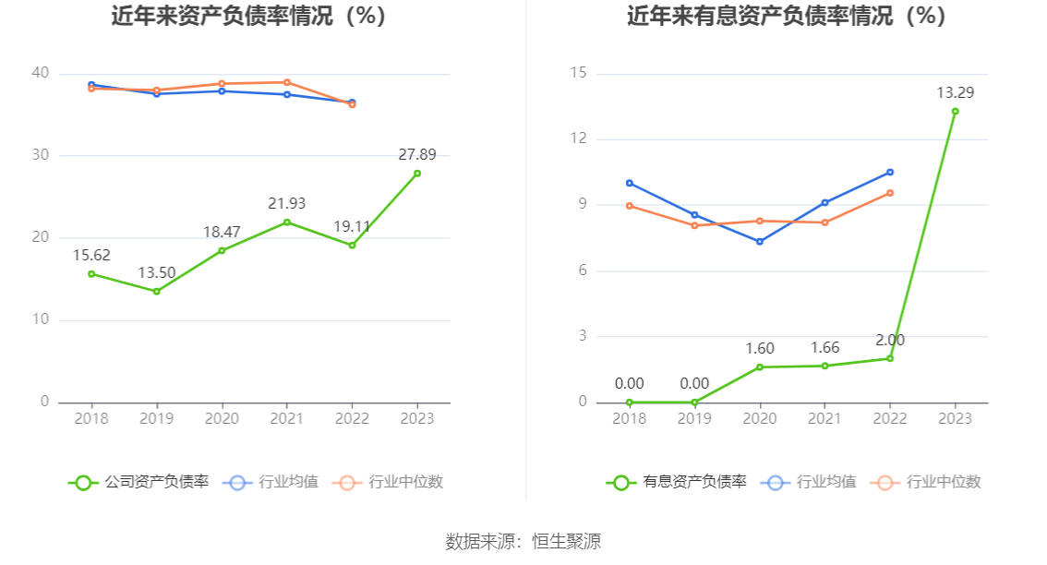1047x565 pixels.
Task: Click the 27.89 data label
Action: coord(417,155)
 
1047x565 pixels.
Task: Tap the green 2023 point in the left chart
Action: coord(417,174)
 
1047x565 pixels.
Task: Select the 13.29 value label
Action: coord(955,92)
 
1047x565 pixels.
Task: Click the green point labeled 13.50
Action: coord(156,292)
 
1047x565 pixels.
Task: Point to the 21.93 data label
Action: coord(287,203)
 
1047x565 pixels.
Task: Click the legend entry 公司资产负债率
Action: coord(138,482)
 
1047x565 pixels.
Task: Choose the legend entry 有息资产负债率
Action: coord(677,482)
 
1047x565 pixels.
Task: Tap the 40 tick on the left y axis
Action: coord(40,73)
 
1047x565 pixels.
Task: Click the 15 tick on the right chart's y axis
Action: coord(578,73)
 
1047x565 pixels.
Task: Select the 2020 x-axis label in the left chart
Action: coord(222,419)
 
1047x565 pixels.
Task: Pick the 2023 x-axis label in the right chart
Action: coord(955,419)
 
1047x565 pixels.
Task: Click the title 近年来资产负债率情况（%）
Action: coord(248,17)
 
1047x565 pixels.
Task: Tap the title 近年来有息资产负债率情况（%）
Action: coord(787,17)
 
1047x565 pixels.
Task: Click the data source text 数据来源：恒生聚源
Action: coord(523,542)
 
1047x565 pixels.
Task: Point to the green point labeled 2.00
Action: coord(890,358)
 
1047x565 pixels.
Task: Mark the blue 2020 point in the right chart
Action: coord(760,242)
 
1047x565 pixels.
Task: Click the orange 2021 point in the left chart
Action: coord(287,82)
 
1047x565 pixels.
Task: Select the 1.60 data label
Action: coord(760,349)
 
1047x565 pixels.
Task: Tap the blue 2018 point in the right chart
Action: coord(630,183)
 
